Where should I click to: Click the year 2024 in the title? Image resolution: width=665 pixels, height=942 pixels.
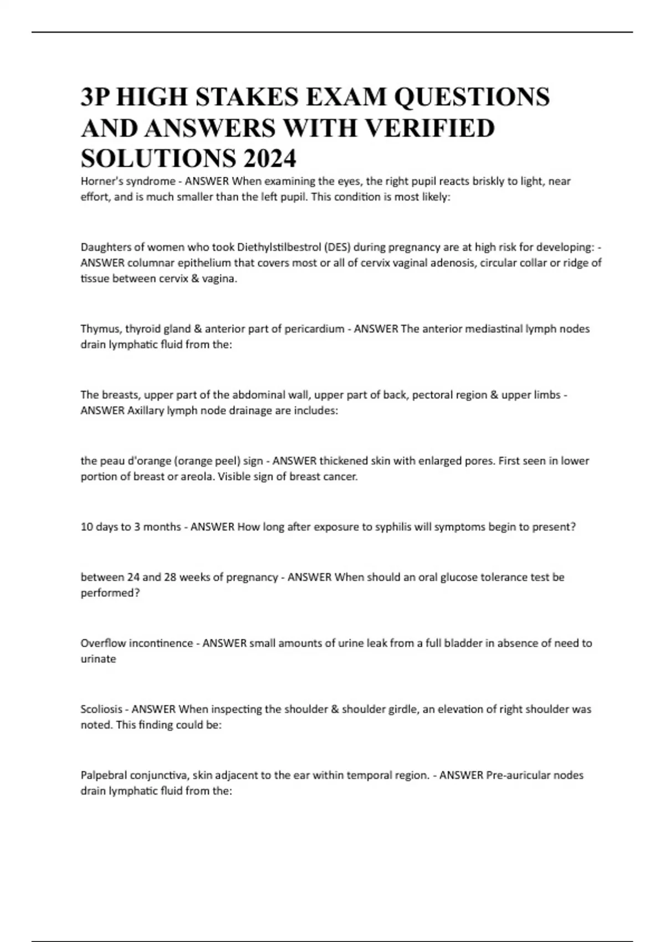coord(269,159)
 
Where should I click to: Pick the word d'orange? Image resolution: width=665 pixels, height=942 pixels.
coord(136,461)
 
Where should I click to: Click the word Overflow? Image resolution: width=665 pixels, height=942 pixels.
coord(101,643)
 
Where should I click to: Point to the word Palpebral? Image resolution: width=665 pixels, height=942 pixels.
coord(103,775)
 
